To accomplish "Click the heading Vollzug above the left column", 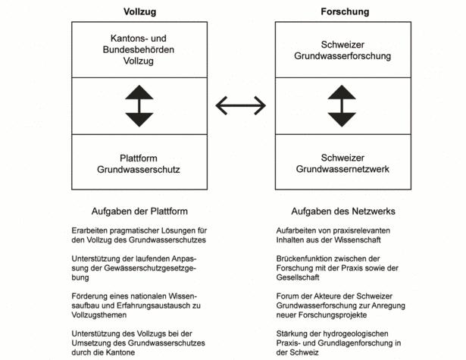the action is point(139,12).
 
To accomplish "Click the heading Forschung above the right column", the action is point(345,11).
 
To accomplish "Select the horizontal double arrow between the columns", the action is point(241,105).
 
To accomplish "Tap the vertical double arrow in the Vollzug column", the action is point(139,106).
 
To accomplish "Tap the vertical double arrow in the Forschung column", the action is point(342,106).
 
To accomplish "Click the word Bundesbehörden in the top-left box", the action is point(139,50).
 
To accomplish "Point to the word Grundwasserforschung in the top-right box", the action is point(342,56).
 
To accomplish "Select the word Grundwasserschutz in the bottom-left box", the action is point(139,170).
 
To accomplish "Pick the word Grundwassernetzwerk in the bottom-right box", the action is point(342,169).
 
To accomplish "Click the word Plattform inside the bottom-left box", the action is point(139,158).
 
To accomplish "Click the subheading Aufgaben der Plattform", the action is point(139,211).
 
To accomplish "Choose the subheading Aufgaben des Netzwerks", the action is point(343,211).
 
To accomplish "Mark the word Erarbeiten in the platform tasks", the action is point(89,230).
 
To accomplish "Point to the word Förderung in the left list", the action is point(89,296).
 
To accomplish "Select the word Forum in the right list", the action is point(286,296).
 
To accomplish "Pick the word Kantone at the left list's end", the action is point(121,352).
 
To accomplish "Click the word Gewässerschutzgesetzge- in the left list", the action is point(150,268).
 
